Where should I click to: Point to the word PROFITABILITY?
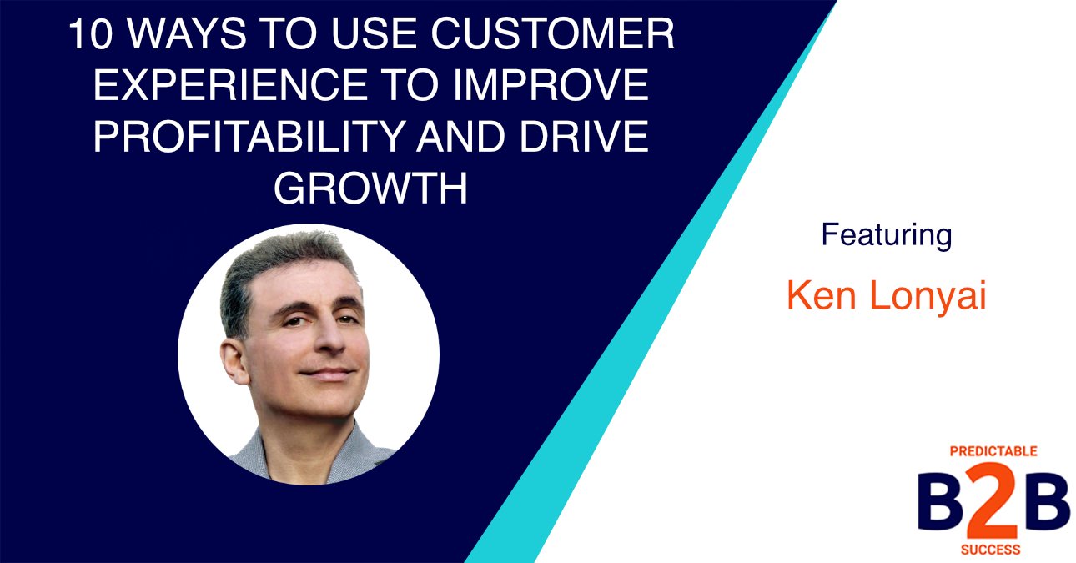[x=254, y=138]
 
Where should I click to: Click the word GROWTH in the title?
[x=370, y=189]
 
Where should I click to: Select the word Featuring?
[x=886, y=235]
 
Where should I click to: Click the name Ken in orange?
[x=819, y=297]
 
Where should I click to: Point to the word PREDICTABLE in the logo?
[x=993, y=451]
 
